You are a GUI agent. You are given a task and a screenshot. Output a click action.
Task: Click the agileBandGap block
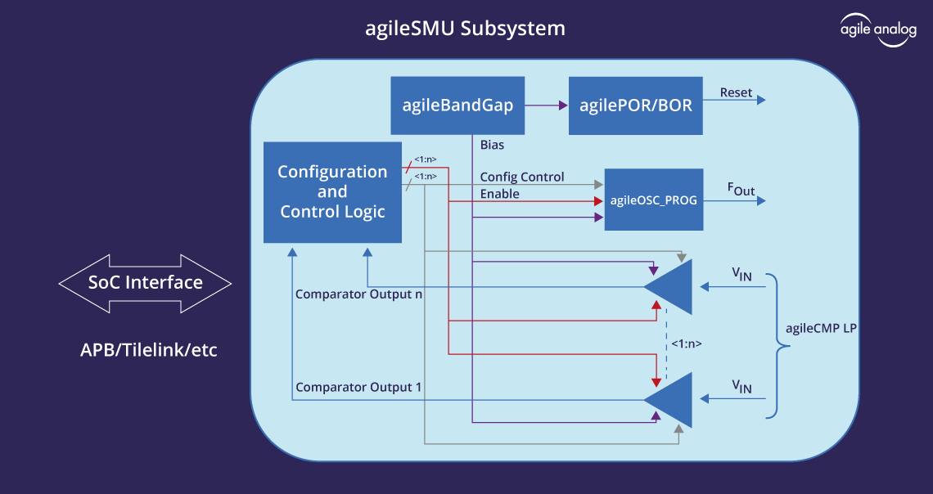[457, 106]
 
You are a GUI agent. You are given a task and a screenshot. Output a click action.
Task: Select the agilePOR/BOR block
[635, 106]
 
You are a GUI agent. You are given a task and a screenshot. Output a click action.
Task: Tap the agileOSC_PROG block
[653, 200]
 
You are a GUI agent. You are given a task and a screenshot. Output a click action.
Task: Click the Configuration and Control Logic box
[332, 191]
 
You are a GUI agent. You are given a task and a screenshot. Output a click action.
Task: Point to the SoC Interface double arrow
[146, 283]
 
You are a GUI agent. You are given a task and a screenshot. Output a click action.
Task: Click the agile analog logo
[878, 30]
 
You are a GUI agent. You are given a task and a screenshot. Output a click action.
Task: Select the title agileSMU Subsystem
[465, 29]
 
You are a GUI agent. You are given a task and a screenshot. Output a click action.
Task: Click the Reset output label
[736, 92]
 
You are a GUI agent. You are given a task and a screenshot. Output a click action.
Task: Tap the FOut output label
[741, 190]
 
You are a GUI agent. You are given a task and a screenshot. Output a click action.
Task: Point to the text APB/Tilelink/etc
[149, 350]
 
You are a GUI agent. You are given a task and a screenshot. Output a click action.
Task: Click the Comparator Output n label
[358, 294]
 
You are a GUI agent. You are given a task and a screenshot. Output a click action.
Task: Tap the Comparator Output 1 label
[358, 387]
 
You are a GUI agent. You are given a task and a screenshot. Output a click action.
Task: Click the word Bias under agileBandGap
[492, 145]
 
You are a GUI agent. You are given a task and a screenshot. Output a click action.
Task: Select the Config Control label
[521, 177]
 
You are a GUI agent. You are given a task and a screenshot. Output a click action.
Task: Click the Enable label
[499, 194]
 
